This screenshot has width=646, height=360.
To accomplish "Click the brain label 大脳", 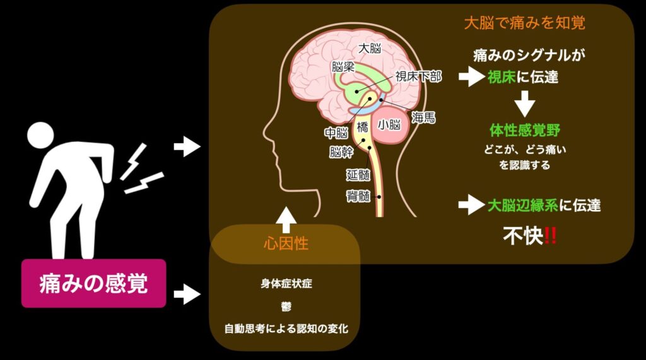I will (370, 49).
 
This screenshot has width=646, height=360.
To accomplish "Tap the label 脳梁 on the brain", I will (343, 66).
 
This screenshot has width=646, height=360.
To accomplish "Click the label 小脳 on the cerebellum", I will (389, 125).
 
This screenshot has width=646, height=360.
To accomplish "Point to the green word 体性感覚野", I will (525, 131).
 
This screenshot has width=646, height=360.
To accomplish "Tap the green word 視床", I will (502, 78).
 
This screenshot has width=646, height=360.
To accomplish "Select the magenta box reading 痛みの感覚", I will (93, 283).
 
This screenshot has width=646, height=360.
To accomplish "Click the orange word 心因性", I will (286, 243).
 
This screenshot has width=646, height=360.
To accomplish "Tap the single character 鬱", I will (286, 306).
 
